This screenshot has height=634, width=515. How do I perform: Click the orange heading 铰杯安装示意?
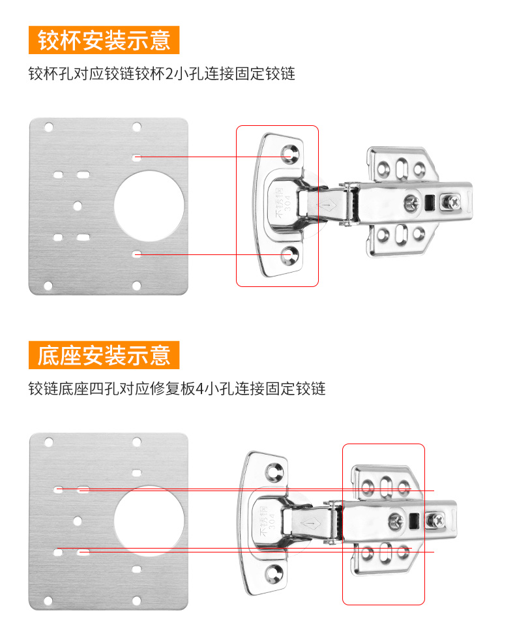(x=104, y=40)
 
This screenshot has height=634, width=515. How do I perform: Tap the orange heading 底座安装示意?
(x=104, y=355)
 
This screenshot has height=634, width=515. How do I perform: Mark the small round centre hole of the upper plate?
(x=78, y=206)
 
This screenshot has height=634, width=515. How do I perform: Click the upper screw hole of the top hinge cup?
(x=289, y=153)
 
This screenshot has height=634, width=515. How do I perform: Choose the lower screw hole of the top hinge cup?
(x=289, y=256)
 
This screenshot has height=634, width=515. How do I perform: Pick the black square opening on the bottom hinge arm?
(x=413, y=521)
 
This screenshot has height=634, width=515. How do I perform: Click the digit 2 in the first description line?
(x=169, y=74)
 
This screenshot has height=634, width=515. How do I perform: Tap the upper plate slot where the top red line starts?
(x=137, y=157)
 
